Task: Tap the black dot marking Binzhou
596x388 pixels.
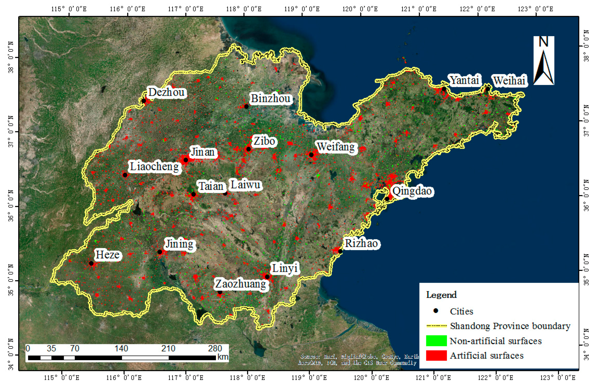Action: tap(246, 106)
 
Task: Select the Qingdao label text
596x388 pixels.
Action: tap(412, 191)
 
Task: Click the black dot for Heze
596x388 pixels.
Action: tap(91, 263)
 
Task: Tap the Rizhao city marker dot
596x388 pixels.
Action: tap(340, 251)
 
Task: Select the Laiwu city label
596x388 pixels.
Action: tap(245, 185)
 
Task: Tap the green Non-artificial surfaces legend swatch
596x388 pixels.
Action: tap(436, 341)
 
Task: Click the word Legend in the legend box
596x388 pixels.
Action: tap(441, 295)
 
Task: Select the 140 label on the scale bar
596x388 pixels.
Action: tap(121, 348)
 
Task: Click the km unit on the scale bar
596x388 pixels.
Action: tap(223, 357)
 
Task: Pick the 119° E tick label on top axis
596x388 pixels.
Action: tap(302, 9)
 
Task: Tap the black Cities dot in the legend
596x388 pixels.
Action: tap(436, 311)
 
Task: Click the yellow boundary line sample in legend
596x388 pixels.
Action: tap(436, 326)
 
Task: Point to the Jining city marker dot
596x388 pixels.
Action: tap(160, 252)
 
